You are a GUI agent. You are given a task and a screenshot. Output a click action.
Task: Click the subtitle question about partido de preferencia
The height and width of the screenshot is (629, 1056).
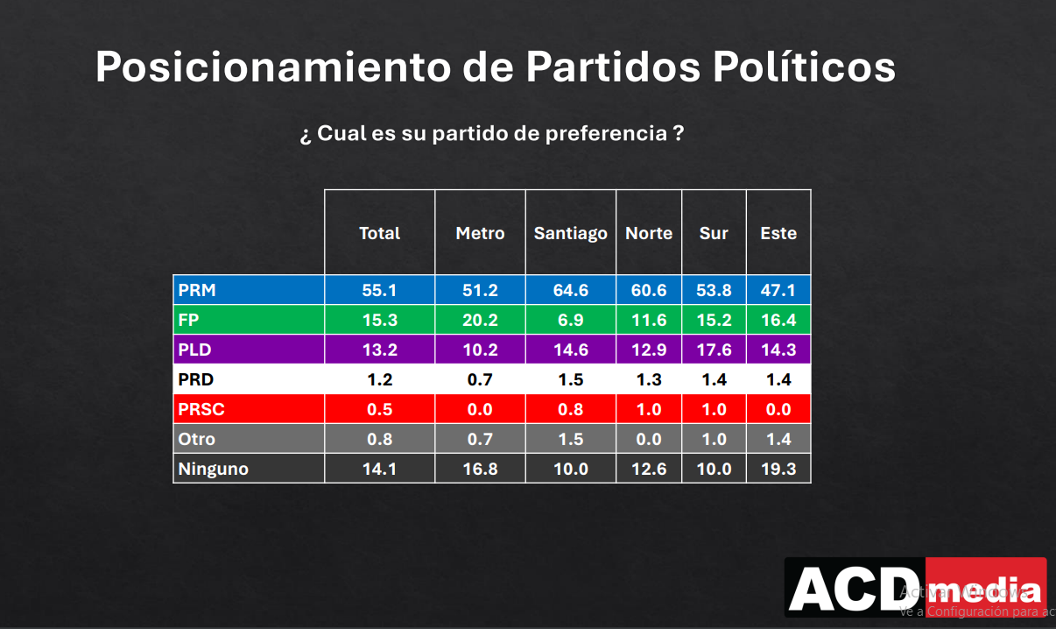(x=491, y=134)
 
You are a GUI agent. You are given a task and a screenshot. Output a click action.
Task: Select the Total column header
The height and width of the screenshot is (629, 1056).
(x=379, y=233)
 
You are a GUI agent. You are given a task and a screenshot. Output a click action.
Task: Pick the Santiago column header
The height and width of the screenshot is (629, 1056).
(x=570, y=233)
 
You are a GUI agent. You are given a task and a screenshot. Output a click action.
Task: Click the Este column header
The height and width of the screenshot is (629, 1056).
(x=778, y=233)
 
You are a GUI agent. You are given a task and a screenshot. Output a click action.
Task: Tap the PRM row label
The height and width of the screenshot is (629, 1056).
(x=197, y=290)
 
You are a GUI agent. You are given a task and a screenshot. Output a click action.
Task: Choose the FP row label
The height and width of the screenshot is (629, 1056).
(x=189, y=320)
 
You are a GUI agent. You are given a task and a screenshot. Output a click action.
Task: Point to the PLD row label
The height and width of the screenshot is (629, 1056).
(x=195, y=350)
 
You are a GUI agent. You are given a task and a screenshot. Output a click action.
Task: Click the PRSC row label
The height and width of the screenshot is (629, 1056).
(x=201, y=409)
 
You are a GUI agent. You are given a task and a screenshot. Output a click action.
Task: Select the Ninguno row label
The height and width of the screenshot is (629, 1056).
(x=214, y=469)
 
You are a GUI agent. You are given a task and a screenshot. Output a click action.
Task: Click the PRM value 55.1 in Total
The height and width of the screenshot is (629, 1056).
(x=379, y=290)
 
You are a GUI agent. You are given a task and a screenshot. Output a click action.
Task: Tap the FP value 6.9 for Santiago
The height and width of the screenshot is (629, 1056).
(x=570, y=320)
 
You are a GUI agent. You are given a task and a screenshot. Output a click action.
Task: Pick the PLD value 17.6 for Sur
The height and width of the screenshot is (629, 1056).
(x=714, y=350)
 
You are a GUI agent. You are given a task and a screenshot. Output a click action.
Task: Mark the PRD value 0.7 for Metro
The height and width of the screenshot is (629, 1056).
(x=480, y=379)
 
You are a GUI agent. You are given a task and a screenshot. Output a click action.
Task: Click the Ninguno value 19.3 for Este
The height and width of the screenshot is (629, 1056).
(x=778, y=469)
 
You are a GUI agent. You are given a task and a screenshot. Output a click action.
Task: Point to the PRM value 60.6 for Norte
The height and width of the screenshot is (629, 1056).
(x=649, y=290)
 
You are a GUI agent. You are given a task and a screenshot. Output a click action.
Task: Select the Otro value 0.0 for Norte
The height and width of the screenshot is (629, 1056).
(x=649, y=439)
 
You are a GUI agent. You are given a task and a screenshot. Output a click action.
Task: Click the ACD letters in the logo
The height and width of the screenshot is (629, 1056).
(x=854, y=589)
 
